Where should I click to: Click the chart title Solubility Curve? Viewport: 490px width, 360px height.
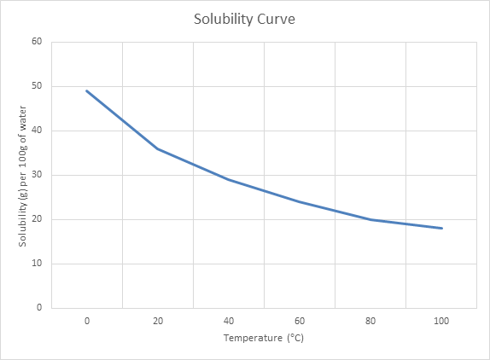tap(244, 19)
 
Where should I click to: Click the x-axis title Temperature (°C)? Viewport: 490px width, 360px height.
tap(264, 338)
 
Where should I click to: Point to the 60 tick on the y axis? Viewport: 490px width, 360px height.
tap(37, 42)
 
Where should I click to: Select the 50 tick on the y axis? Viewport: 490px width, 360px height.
tap(37, 86)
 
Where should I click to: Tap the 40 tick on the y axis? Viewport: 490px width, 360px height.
tap(37, 131)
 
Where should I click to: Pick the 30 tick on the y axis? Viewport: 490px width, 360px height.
tap(37, 175)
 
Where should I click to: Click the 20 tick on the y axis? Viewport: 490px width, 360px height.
tap(37, 219)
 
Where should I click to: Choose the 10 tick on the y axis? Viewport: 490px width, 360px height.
tap(37, 264)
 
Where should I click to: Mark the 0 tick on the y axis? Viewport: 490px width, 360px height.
tap(39, 308)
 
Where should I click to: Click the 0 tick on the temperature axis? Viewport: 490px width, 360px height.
tap(87, 320)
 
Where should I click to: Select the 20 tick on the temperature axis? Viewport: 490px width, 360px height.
tap(158, 320)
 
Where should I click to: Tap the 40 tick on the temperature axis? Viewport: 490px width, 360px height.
tap(229, 320)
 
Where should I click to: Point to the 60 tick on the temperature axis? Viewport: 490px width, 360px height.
tap(300, 320)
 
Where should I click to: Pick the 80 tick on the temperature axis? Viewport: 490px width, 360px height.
tap(370, 320)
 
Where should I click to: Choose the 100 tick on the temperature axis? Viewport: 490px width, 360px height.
tap(441, 320)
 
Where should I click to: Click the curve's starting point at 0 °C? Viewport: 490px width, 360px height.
tap(87, 90)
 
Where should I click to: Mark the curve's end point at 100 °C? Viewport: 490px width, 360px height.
tap(441, 228)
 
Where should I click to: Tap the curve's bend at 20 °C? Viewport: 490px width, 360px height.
tap(158, 148)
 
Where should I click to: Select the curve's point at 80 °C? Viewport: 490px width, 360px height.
tap(370, 219)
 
